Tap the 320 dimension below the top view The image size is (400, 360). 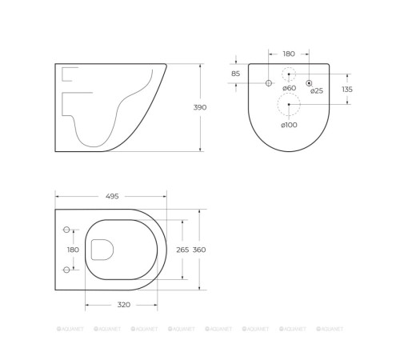(x=123, y=305)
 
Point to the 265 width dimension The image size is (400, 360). (x=183, y=250)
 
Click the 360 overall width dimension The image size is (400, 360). (x=199, y=250)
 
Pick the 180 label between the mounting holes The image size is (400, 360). (x=73, y=250)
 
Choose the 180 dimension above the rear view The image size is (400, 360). (x=289, y=54)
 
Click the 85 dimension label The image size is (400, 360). (x=235, y=74)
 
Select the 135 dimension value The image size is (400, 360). (x=346, y=90)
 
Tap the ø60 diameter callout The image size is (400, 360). (x=289, y=88)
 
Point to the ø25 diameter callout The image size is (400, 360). (x=317, y=91)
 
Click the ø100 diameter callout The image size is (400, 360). (x=289, y=125)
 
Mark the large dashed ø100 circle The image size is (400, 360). (x=289, y=104)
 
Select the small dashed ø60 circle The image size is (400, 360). (x=289, y=74)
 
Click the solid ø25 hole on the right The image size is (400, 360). (x=309, y=83)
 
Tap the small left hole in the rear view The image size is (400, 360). (x=268, y=83)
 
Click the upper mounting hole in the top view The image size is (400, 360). (x=66, y=230)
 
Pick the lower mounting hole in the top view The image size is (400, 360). (x=66, y=269)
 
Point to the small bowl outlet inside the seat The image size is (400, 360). (x=102, y=250)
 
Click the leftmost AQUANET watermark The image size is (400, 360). (x=70, y=329)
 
